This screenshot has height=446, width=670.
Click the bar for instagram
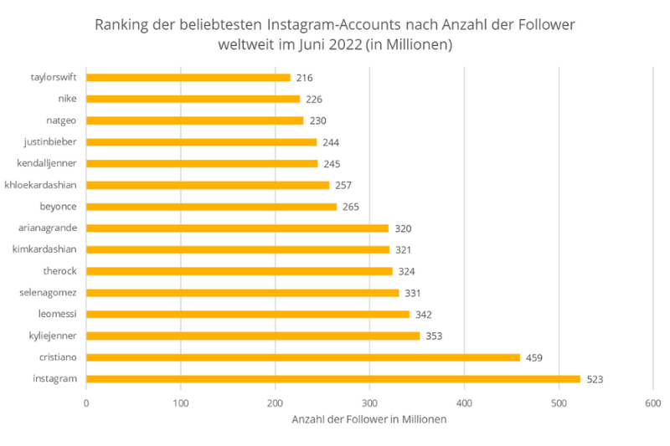tap(332, 379)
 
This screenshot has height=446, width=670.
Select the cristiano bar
tap(302, 357)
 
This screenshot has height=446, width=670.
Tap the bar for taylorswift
tap(188, 78)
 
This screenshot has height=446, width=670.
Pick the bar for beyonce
tap(211, 207)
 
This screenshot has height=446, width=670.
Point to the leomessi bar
tap(247, 315)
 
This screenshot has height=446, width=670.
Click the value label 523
tap(595, 379)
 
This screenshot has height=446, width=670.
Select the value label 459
tap(534, 357)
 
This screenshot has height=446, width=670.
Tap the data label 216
tap(304, 78)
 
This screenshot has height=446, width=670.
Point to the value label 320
tap(403, 228)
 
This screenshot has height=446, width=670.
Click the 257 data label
tap(343, 185)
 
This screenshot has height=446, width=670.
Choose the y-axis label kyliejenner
tap(54, 336)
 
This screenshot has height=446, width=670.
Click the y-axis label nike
tap(68, 99)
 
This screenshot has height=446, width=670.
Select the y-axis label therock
tap(60, 271)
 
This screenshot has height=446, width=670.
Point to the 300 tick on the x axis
tap(369, 403)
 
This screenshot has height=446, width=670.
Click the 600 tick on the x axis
tap(652, 403)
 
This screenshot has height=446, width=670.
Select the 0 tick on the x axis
tap(86, 403)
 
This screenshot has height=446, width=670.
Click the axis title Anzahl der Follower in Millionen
tap(368, 420)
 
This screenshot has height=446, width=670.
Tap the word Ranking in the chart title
tap(122, 24)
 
